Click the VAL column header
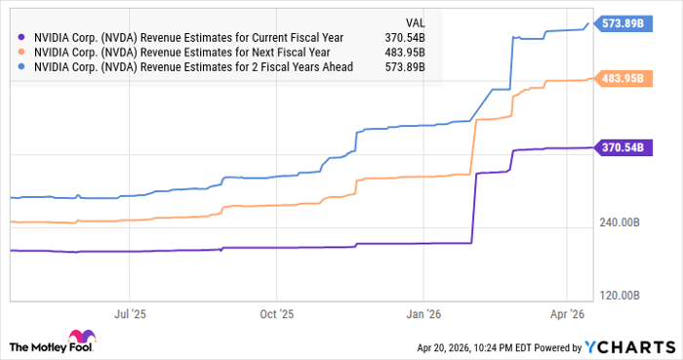click(x=414, y=20)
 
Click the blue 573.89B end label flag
click(x=622, y=23)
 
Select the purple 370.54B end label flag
click(x=622, y=147)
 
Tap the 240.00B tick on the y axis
click(x=620, y=223)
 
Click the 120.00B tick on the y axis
click(x=620, y=296)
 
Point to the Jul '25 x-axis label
click(x=131, y=315)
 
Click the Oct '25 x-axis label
click(x=277, y=315)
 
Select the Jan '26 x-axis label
click(x=423, y=315)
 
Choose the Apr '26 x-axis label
click(x=566, y=315)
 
